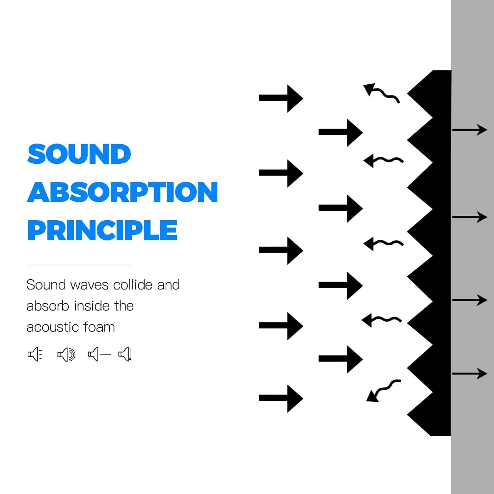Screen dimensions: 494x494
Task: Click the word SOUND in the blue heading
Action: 79,154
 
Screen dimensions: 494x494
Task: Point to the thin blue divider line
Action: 78,265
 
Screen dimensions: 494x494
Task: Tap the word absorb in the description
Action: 48,306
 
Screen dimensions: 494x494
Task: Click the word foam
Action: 99,327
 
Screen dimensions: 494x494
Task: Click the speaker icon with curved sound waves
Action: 66,355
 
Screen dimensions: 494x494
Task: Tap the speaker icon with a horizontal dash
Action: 99,354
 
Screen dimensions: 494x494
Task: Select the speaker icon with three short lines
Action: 35,354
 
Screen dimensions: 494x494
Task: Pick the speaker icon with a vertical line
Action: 125,354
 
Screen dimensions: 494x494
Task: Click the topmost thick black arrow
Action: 281,98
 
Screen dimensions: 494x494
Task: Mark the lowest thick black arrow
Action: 281,398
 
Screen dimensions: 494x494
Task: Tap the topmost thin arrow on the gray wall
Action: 469,130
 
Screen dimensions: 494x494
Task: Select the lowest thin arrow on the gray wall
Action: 469,374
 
